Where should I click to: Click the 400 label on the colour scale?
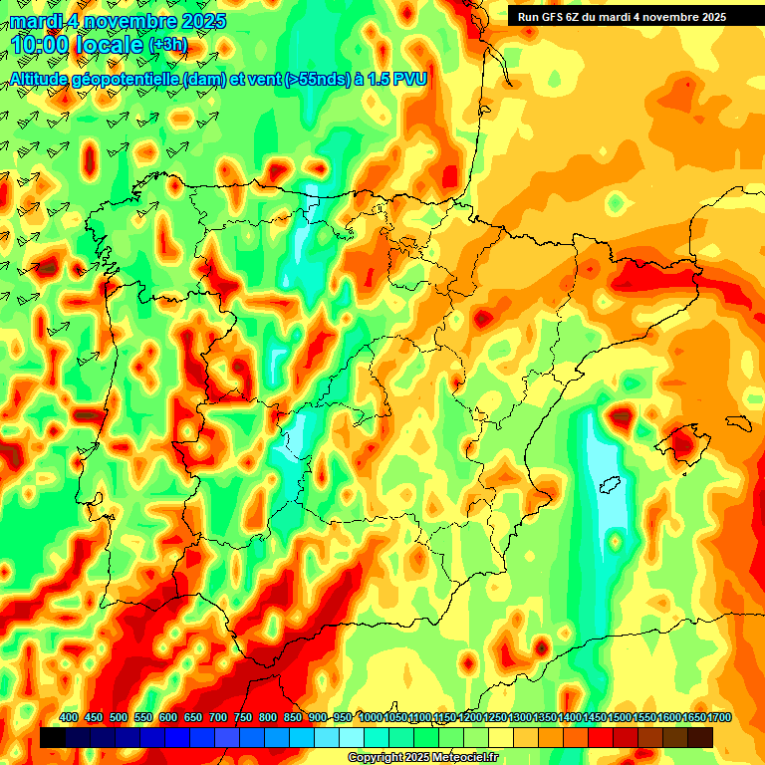pos(69,717)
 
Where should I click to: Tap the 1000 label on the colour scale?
pos(371,717)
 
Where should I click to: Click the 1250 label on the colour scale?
pos(495,717)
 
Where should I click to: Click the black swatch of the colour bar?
pos(53,737)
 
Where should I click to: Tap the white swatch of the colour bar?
pos(352,737)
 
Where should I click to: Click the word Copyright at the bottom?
pos(375,758)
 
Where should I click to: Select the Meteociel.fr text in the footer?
pos(465,758)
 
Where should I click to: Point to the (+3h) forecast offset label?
pos(167,46)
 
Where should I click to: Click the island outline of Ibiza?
pos(609,487)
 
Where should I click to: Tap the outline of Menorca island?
pos(736,422)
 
